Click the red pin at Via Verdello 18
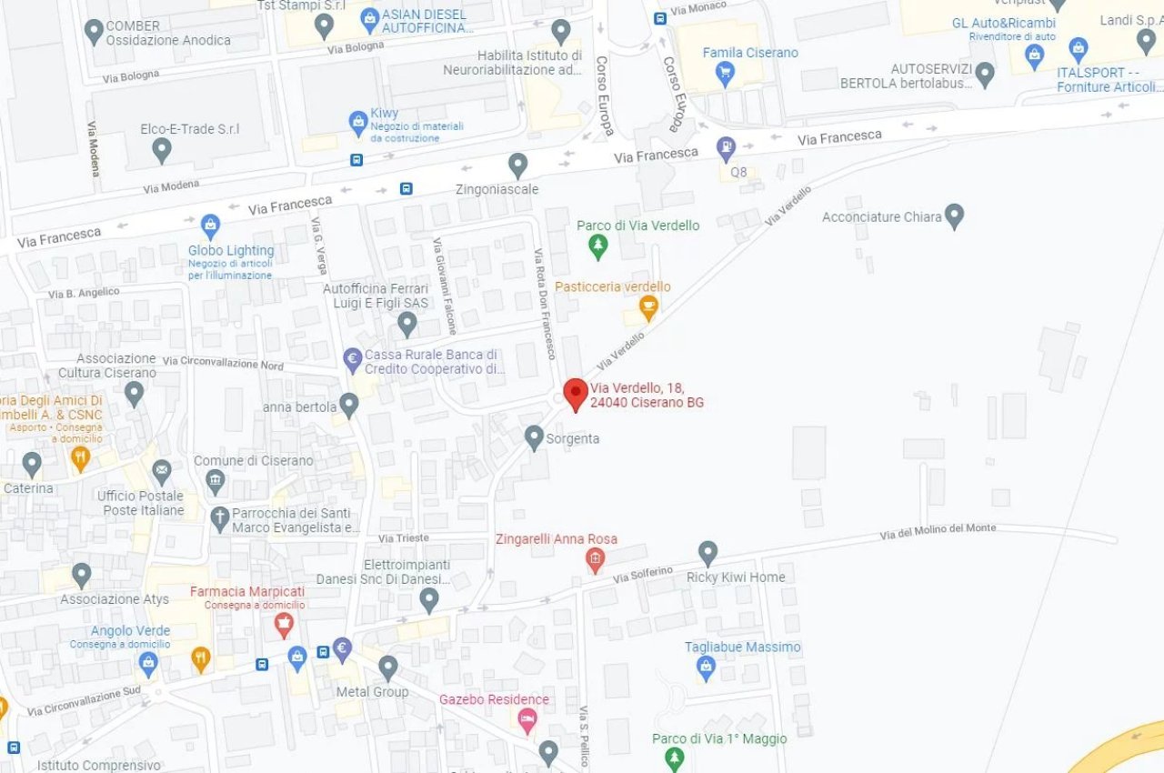(576, 394)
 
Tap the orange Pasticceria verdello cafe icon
(647, 308)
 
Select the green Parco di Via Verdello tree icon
(597, 245)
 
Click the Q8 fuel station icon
(726, 146)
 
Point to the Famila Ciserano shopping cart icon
(725, 73)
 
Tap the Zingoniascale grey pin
(518, 165)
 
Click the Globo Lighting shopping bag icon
(211, 225)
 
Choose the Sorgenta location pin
(535, 437)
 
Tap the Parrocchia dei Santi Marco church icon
(219, 518)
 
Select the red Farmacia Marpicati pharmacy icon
(284, 624)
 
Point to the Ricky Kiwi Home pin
(708, 552)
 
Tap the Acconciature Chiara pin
(954, 216)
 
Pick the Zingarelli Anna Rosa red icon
(595, 559)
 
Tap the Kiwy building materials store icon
(359, 121)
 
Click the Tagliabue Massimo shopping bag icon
(706, 668)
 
